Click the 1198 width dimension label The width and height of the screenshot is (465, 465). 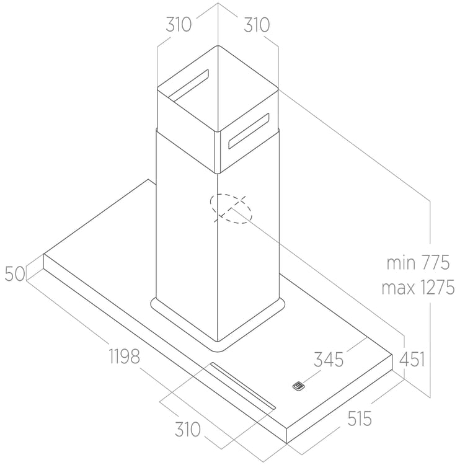125,356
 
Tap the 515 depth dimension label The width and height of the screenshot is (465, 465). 360,418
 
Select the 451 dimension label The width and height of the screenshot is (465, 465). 412,360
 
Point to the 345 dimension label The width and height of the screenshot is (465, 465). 329,360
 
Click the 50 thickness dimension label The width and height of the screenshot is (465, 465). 15,273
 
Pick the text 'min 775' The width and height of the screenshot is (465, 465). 418,262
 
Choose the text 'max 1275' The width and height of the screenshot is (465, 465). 418,287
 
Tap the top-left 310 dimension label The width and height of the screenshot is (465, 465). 179,24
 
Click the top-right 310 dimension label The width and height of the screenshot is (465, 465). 257,25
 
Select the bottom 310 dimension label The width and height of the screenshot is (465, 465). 188,429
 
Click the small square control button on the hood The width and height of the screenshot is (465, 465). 299,386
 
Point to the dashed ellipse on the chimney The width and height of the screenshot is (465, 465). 231,209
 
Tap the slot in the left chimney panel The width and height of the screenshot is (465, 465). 188,84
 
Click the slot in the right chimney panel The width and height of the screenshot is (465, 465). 249,130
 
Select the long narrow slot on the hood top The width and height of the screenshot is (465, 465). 243,386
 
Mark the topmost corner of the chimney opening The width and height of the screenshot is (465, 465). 218,45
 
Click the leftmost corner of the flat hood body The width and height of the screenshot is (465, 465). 44,254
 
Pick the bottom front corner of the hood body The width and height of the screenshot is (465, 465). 287,444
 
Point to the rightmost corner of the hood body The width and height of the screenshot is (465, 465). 392,355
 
